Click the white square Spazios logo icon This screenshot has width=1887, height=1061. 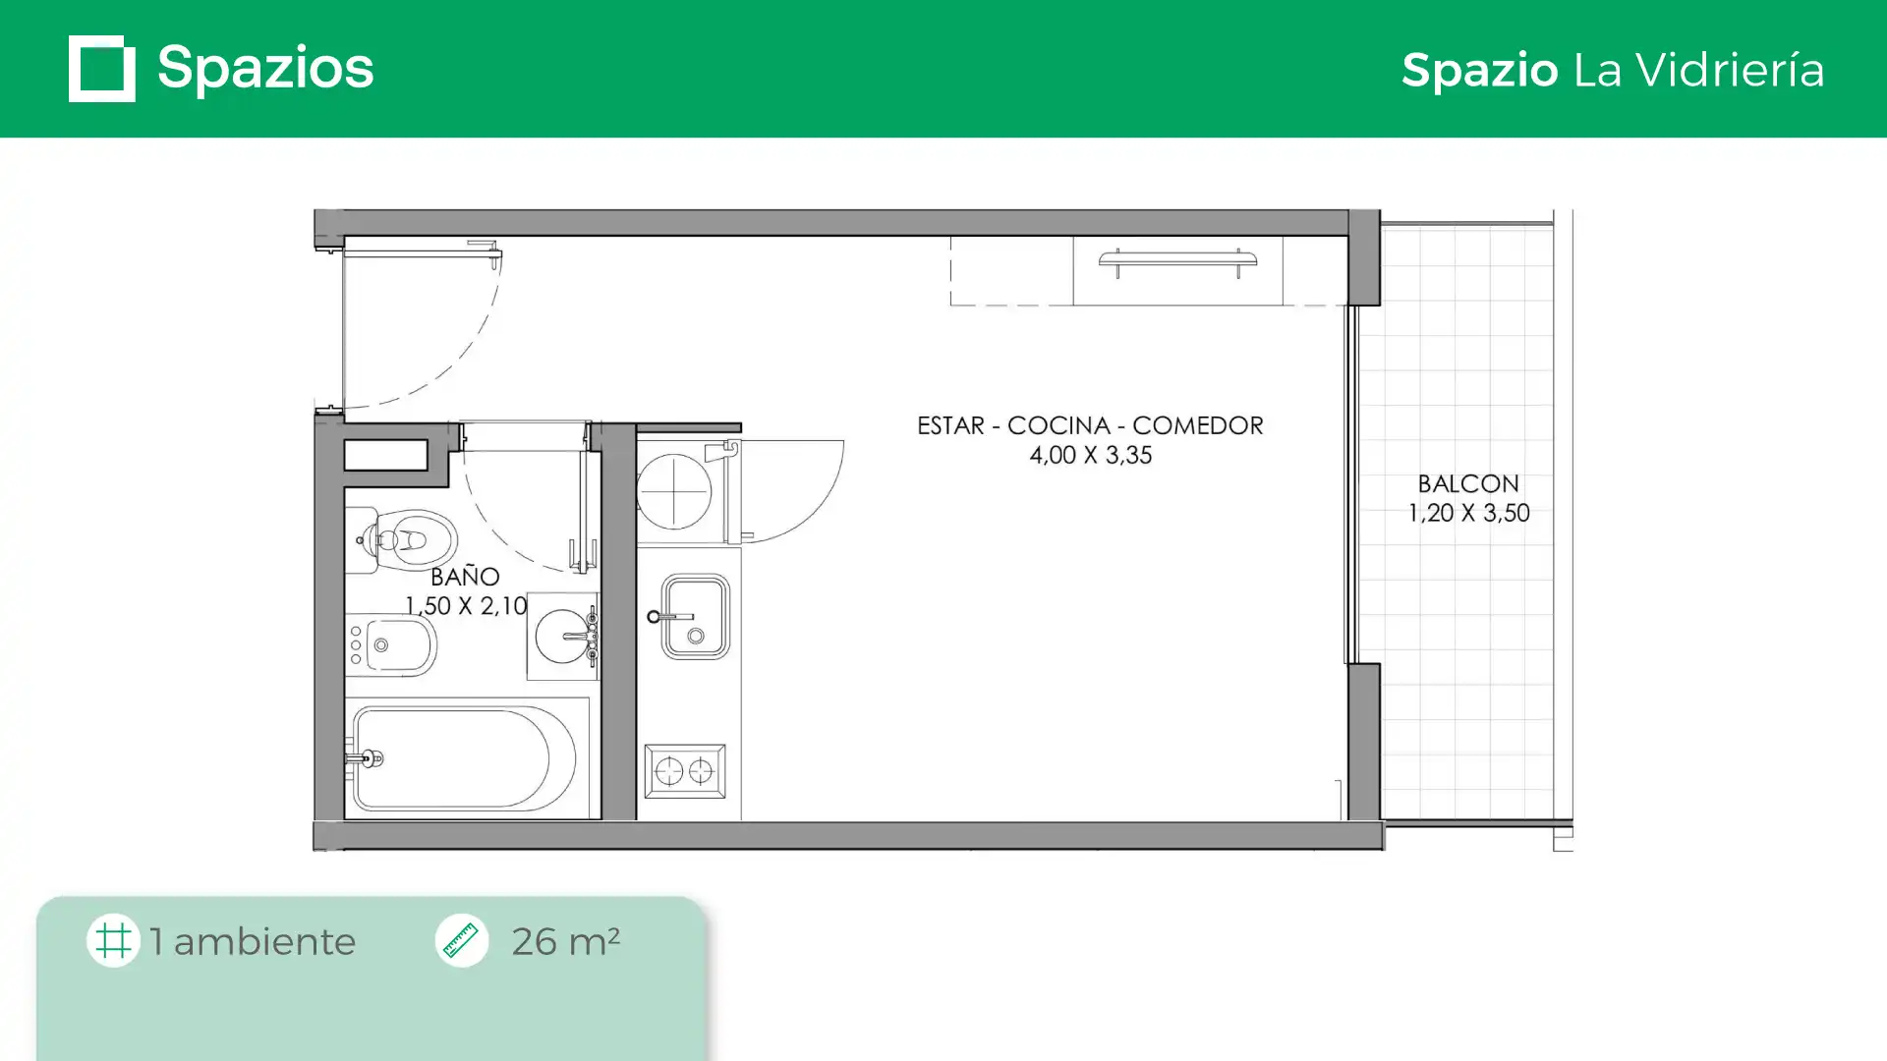[102, 69]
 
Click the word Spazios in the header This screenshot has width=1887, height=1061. [265, 69]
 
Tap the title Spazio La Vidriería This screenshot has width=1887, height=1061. [1613, 71]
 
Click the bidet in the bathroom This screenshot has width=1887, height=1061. [391, 645]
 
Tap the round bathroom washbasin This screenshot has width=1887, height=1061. [564, 637]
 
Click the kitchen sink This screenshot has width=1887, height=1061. [696, 617]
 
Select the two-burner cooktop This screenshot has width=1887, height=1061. [685, 771]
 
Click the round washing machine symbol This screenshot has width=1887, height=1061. [674, 490]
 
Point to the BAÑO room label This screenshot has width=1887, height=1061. [465, 577]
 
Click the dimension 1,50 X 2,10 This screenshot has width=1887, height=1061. [467, 606]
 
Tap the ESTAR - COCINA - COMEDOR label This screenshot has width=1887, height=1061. [1090, 425]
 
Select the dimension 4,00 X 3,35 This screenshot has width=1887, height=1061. [1091, 455]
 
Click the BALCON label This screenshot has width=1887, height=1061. [1468, 483]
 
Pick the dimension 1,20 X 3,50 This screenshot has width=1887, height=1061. [1469, 513]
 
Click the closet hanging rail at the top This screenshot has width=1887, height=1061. [1177, 261]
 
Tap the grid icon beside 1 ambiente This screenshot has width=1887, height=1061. [113, 941]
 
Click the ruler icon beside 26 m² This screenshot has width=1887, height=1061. [461, 941]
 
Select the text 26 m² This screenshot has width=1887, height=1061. [565, 941]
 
